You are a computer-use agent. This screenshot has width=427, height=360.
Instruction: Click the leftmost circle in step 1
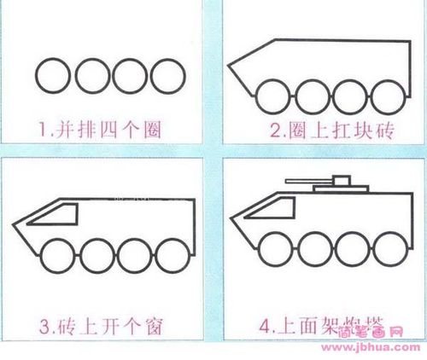point(54,77)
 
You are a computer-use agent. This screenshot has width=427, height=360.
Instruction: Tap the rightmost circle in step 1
point(168,77)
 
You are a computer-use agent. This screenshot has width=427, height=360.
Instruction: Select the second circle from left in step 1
point(92,77)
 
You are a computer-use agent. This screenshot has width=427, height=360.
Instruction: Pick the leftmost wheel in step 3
point(55,255)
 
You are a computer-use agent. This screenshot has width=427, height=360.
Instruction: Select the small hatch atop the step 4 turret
point(342,177)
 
